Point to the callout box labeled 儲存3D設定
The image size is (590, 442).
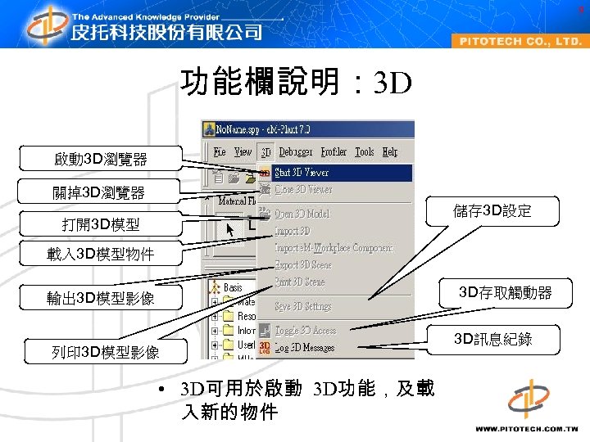click(x=492, y=211)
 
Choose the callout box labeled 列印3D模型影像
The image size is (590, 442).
click(x=105, y=353)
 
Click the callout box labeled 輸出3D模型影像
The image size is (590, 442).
click(x=100, y=299)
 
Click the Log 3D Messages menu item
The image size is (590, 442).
click(x=304, y=348)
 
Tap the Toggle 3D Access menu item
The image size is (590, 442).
click(x=305, y=331)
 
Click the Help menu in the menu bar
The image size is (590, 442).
click(x=390, y=151)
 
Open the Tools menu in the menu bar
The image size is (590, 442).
click(x=365, y=151)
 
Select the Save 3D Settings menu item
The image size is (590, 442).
click(x=303, y=306)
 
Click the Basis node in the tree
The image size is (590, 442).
click(x=233, y=287)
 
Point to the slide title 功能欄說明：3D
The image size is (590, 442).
click(x=295, y=83)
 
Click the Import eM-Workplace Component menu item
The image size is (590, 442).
click(x=334, y=247)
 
